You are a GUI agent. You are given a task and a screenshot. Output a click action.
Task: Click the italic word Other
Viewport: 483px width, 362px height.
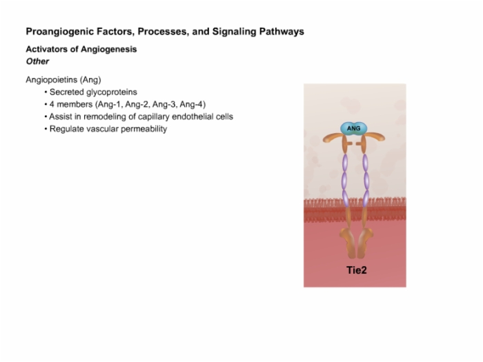pos(37,61)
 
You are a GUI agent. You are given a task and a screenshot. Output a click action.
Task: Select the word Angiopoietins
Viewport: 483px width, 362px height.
pos(52,80)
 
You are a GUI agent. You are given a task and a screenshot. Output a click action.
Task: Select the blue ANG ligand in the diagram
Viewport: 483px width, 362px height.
pos(353,128)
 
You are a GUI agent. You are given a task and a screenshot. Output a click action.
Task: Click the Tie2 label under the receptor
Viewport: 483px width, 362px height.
pos(357,270)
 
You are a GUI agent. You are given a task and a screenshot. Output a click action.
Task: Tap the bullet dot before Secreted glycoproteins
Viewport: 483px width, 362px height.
pos(46,92)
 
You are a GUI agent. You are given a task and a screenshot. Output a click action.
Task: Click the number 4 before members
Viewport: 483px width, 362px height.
pos(52,105)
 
